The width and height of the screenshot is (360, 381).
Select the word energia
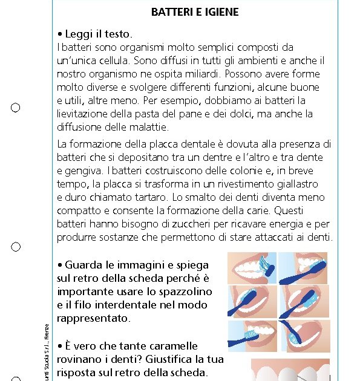coord(295,224)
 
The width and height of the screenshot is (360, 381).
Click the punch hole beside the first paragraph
coord(15,108)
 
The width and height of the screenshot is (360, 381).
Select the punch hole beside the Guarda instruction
coord(15,247)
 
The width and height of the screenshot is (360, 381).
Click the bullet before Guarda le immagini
coord(60,265)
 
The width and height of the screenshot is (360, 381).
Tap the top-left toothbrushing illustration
coord(251,267)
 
